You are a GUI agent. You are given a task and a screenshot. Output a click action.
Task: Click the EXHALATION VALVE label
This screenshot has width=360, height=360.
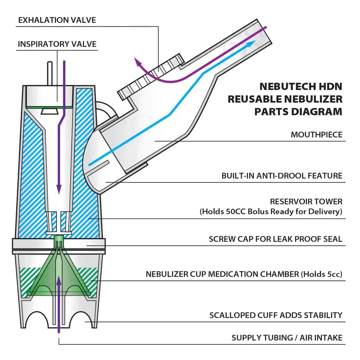(x=57, y=20)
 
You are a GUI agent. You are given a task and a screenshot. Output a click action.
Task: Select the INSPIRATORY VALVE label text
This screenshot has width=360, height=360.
(x=57, y=44)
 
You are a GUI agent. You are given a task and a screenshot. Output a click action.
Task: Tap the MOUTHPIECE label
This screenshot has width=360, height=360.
(x=316, y=135)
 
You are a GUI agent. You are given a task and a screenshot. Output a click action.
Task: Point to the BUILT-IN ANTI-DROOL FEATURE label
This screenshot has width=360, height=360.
(x=282, y=176)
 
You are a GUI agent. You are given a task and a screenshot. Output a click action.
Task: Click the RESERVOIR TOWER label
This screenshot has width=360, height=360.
(x=306, y=202)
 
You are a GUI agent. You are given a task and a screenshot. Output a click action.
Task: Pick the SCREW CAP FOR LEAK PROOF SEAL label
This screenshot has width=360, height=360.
(x=275, y=239)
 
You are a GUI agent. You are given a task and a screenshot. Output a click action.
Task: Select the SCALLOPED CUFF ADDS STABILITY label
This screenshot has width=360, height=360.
(x=276, y=315)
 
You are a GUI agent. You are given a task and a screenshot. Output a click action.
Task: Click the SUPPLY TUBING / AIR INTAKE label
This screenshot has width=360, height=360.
(x=287, y=337)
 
